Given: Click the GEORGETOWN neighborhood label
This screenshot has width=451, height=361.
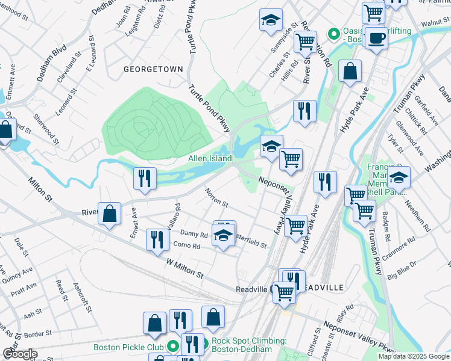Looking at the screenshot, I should pyautogui.click(x=153, y=69).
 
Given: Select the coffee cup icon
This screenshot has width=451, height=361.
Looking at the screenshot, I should pyautogui.click(x=377, y=37).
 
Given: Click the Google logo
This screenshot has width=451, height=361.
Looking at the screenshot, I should pyautogui.click(x=20, y=354).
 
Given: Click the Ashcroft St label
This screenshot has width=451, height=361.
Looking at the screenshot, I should pyautogui.click(x=83, y=298).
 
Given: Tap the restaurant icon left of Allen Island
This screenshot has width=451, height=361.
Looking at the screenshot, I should pyautogui.click(x=145, y=177).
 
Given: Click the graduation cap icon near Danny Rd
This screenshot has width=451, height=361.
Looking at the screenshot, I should pyautogui.click(x=223, y=235).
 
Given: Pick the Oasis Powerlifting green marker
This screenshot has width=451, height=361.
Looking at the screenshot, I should pyautogui.click(x=332, y=34).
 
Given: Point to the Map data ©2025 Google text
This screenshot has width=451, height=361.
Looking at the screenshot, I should pyautogui.click(x=413, y=356).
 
